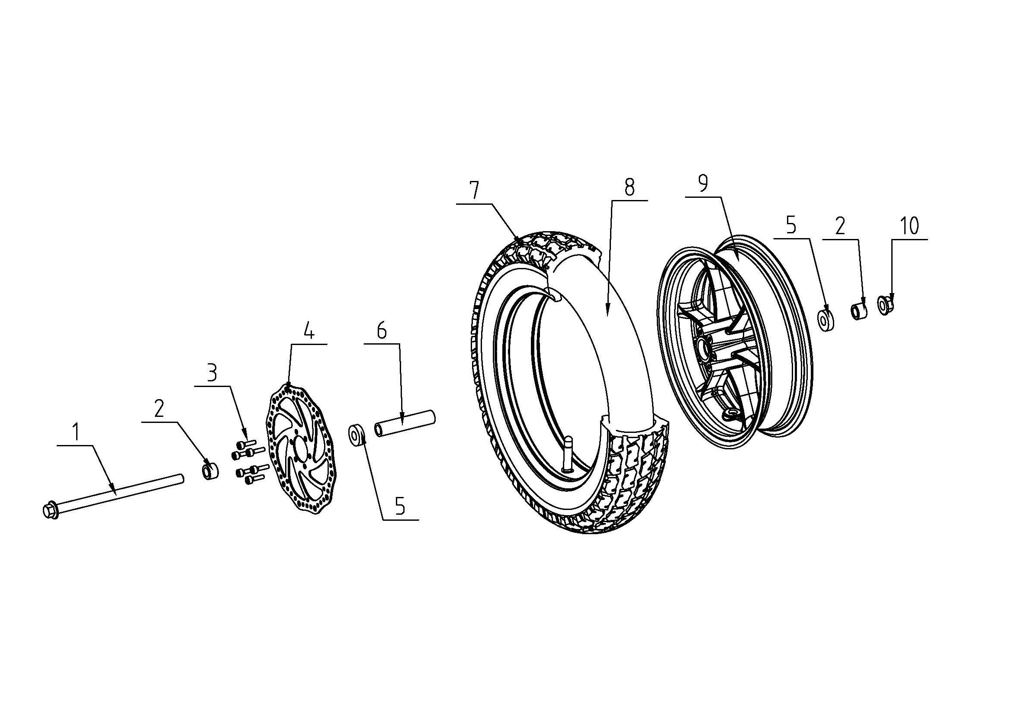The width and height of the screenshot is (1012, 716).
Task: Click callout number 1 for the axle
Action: pos(76,432)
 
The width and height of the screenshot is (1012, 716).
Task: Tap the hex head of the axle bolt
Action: pos(48,510)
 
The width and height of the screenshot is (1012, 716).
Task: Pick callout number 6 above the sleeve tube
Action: pos(382,331)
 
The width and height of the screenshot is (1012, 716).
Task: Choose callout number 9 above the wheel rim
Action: pos(703,183)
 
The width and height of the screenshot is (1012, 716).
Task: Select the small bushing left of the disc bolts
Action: pos(210,471)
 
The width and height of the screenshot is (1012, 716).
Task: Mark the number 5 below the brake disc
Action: pos(400,506)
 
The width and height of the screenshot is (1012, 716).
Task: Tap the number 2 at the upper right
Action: pos(840,226)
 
